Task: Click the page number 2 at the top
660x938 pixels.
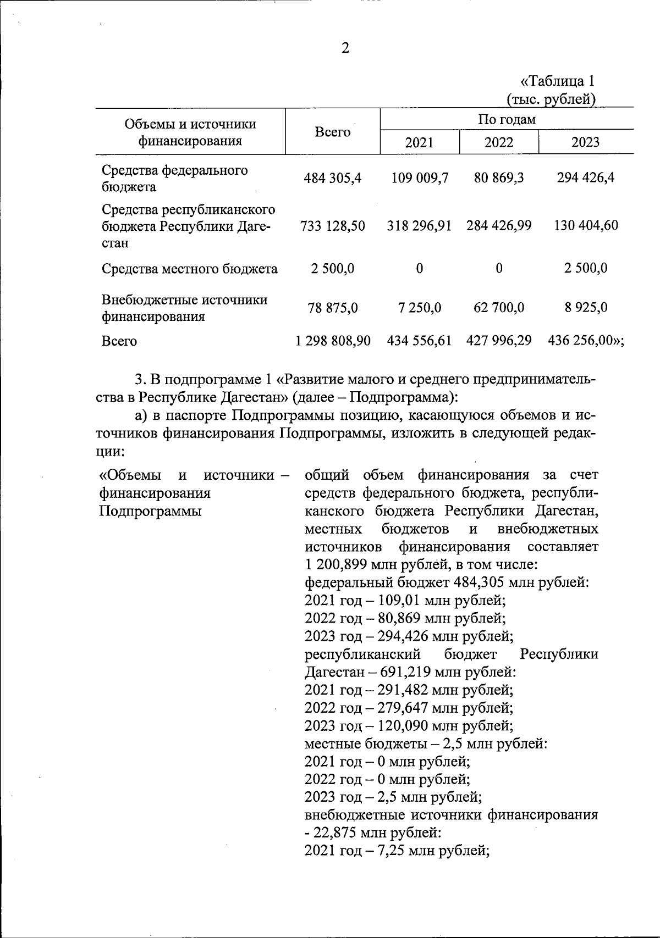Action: (x=345, y=49)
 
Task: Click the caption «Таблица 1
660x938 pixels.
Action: (x=557, y=82)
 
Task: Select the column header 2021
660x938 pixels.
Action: (x=419, y=143)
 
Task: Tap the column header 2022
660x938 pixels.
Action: (x=498, y=143)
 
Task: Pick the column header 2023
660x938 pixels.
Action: (x=585, y=143)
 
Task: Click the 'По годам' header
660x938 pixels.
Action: (x=506, y=119)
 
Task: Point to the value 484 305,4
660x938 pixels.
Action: (x=333, y=178)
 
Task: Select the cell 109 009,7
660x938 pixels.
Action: (x=420, y=178)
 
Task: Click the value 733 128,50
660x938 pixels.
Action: (x=333, y=226)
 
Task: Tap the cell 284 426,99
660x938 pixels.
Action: (x=498, y=226)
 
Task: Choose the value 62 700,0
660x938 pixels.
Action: (x=498, y=308)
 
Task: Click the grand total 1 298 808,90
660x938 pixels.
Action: (x=333, y=341)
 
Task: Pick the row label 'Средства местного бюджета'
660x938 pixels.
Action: (x=190, y=269)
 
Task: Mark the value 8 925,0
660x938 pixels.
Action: (x=585, y=308)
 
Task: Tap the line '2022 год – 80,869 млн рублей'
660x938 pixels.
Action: (x=405, y=618)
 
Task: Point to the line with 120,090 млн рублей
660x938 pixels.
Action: (x=409, y=726)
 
